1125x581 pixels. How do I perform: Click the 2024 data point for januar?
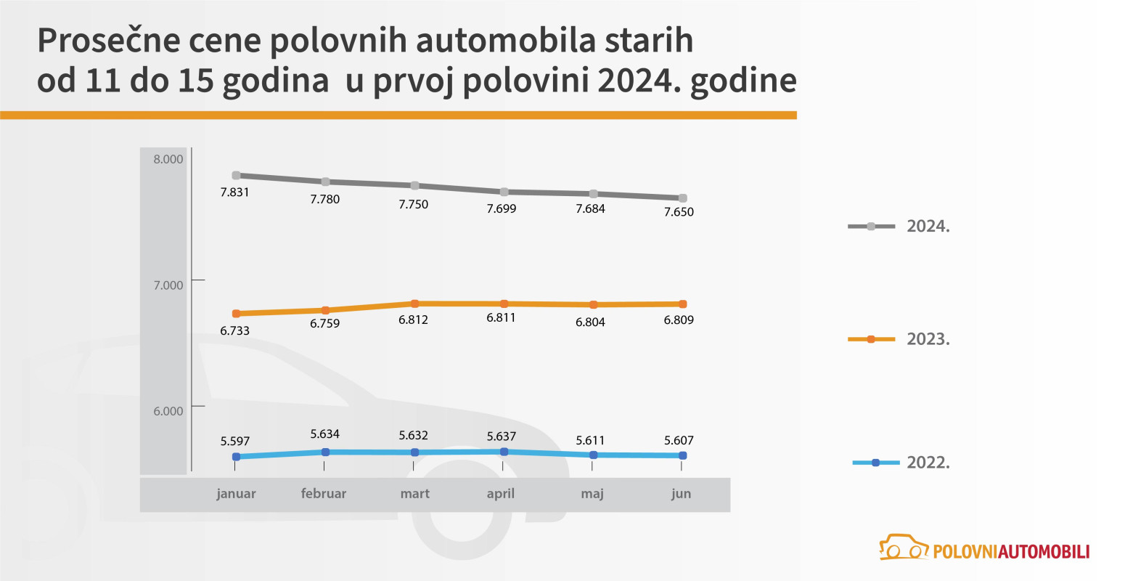tap(236, 175)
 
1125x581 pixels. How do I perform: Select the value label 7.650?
tap(679, 212)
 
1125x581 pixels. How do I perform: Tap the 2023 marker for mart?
tap(414, 304)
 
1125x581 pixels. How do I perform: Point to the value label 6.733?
tap(234, 331)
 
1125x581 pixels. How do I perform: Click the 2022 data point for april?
tap(504, 452)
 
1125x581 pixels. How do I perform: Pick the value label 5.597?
tap(234, 441)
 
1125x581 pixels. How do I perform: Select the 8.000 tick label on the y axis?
tap(168, 159)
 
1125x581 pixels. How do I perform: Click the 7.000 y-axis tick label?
tap(168, 285)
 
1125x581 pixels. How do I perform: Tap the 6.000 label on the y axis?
tap(168, 411)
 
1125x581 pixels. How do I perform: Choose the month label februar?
tap(324, 494)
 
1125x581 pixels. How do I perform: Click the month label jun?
tap(681, 494)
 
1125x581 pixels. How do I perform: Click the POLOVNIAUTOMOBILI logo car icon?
tap(904, 548)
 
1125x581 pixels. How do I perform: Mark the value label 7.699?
tap(502, 208)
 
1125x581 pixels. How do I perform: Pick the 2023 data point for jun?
tap(682, 304)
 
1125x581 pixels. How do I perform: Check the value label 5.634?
tap(324, 434)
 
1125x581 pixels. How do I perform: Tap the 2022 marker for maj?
tap(593, 455)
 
